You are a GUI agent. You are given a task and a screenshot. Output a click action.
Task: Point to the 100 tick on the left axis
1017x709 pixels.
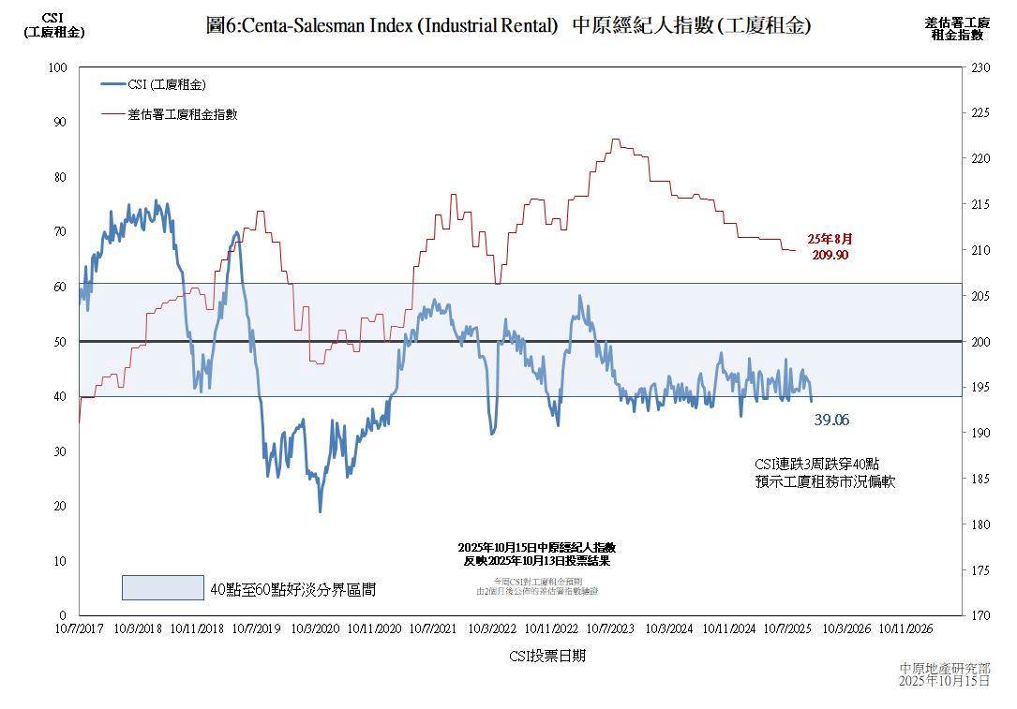coord(59,67)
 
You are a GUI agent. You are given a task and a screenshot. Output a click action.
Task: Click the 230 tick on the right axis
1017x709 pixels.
coord(980,67)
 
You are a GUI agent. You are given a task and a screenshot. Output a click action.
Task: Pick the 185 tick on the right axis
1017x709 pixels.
coord(980,479)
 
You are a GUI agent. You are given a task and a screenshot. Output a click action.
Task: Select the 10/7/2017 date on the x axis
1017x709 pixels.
coord(79,629)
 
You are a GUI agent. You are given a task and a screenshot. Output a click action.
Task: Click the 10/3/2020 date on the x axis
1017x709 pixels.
coord(316,629)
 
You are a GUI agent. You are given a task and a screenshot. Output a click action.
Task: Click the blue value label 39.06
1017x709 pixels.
coord(831,421)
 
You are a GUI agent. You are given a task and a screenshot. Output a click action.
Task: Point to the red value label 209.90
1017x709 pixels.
coord(830,255)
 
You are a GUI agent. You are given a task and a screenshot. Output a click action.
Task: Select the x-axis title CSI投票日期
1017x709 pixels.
coord(547,656)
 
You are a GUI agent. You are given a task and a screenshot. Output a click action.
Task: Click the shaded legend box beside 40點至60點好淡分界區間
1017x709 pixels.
coord(162,587)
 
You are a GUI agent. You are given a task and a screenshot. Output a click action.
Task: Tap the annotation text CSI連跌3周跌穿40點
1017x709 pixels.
coord(816,465)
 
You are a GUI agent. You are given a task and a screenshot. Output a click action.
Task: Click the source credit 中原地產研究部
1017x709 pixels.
coord(944,668)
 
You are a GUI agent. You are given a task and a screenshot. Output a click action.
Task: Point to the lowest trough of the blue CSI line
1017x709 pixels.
coord(320,510)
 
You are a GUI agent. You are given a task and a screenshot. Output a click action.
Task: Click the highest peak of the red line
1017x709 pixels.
coord(615,140)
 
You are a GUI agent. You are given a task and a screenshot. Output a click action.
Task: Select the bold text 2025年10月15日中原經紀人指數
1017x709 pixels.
coord(537,547)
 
